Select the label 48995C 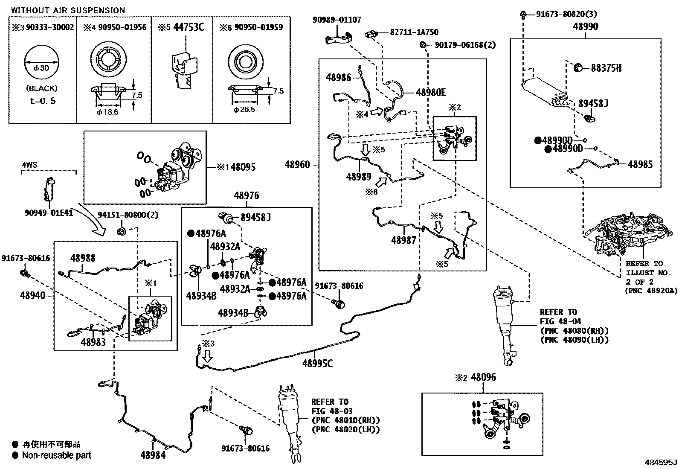318,363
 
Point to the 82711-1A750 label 414,32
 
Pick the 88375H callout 606,68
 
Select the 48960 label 298,165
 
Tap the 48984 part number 153,455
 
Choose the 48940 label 32,295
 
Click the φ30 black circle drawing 41,68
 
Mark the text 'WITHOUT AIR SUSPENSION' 68,10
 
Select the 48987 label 403,240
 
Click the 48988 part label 83,258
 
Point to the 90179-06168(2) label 465,45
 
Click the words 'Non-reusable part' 57,455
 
